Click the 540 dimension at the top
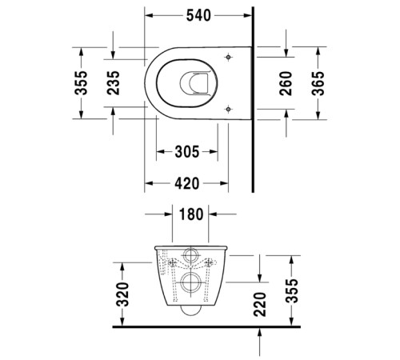point(200,14)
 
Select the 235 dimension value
point(114,82)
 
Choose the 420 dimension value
point(186,184)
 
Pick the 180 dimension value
point(191,214)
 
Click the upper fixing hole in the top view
point(230,57)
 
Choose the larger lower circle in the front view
point(192,281)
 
